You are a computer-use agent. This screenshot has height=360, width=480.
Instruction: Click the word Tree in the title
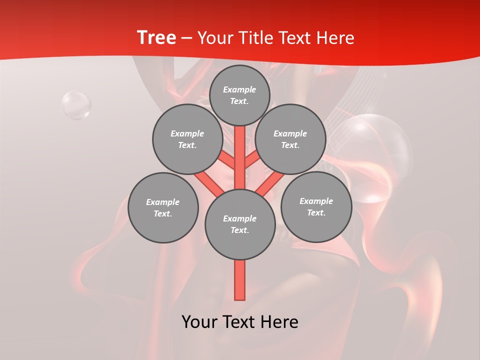point(156,37)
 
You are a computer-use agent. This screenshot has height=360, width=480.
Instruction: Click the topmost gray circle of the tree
point(239,95)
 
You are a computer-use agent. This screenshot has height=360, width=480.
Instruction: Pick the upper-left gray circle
point(187,139)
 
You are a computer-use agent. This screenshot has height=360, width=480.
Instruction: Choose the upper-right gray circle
point(290,139)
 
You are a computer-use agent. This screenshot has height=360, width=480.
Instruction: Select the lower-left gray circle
point(163,208)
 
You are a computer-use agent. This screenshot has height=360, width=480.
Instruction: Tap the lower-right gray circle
point(316,207)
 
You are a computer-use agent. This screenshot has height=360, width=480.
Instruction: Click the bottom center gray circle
point(240,224)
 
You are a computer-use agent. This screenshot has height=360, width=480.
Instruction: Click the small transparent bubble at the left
point(76,105)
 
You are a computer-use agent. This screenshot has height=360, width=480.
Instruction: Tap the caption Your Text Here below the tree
point(240,322)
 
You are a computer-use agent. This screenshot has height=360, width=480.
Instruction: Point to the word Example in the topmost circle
point(239,90)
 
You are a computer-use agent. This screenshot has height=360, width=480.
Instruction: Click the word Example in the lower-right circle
point(316,201)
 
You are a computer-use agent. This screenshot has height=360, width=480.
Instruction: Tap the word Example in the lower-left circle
point(163,202)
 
